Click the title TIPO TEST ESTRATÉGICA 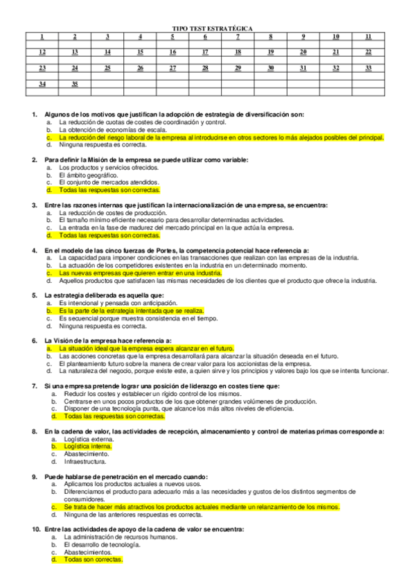(x=212, y=28)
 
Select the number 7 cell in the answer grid (x=238, y=36)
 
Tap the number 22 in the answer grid (x=369, y=52)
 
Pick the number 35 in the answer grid (x=75, y=84)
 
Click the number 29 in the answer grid (x=238, y=68)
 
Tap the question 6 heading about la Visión (x=107, y=340)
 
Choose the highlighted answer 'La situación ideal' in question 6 (x=146, y=349)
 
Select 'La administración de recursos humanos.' (x=118, y=537)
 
